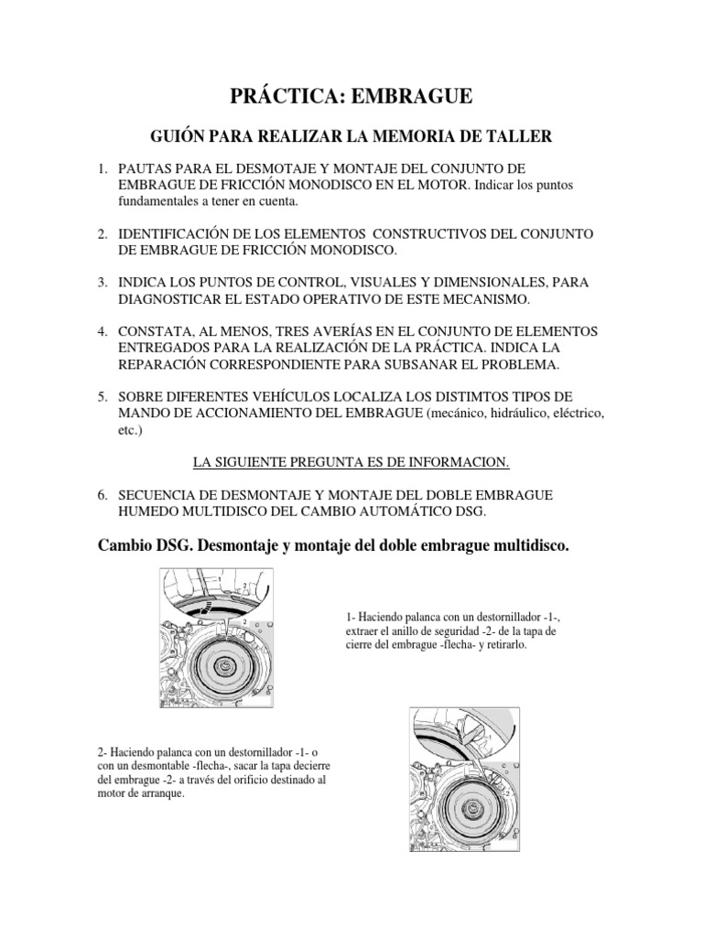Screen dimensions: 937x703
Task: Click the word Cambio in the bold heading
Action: [126, 546]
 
